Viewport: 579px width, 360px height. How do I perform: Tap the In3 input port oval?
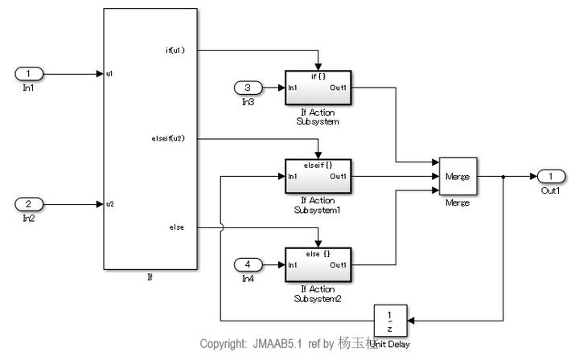(x=248, y=87)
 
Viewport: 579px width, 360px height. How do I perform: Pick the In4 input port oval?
(x=248, y=264)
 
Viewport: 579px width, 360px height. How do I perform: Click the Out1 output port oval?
(x=549, y=176)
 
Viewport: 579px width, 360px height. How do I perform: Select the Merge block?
(x=458, y=176)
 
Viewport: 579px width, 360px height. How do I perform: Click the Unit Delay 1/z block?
(x=390, y=321)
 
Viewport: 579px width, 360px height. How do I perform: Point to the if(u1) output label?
(x=174, y=51)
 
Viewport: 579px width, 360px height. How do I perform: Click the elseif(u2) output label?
(x=169, y=138)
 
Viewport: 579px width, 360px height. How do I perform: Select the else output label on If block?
(x=178, y=227)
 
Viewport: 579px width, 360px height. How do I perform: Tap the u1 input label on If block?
(x=109, y=74)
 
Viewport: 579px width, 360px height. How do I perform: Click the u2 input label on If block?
(x=109, y=203)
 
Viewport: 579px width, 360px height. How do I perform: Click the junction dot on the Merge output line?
(x=503, y=176)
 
